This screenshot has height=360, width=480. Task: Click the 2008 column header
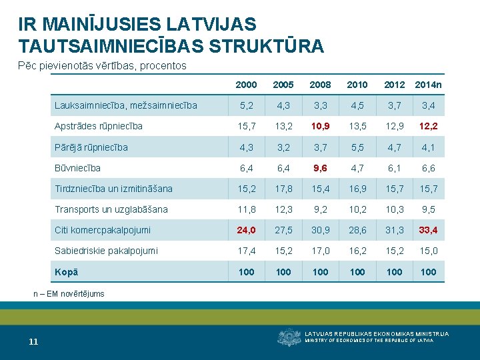click(320, 85)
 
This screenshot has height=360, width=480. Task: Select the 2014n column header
click(428, 85)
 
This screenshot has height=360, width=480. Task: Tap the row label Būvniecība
click(77, 168)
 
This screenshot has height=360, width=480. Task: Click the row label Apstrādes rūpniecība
click(98, 126)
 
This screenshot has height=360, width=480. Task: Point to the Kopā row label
click(66, 272)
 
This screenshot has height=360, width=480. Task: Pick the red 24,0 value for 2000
click(246, 230)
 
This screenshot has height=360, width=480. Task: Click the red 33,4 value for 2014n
click(428, 230)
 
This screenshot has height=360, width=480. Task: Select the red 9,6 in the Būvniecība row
click(320, 168)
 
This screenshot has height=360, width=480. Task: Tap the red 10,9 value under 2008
click(320, 126)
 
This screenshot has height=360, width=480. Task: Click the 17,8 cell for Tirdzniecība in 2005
click(283, 189)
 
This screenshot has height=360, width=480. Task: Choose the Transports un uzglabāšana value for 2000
click(247, 209)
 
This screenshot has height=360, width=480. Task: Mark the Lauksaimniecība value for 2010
click(357, 105)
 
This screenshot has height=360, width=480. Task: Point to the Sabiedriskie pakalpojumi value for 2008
click(321, 251)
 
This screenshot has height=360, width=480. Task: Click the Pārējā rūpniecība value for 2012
click(394, 147)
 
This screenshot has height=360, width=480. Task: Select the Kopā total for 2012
click(394, 272)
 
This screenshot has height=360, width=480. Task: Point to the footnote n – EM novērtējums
click(69, 294)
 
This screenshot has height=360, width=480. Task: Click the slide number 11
click(33, 341)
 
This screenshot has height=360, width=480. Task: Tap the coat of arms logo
click(289, 337)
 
